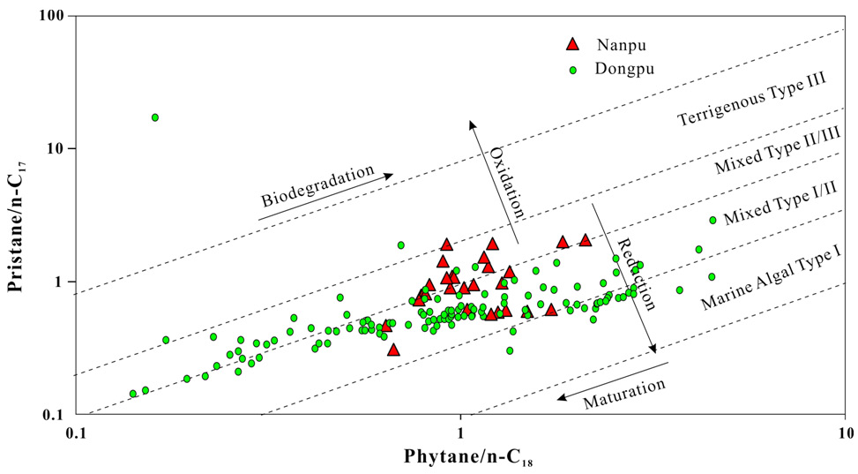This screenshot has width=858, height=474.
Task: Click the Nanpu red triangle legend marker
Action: pyautogui.click(x=573, y=43)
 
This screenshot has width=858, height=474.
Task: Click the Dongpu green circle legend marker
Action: pyautogui.click(x=573, y=67)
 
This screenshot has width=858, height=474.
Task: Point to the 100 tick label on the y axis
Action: pyautogui.click(x=49, y=16)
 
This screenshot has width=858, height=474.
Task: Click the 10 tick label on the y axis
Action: pyautogui.click(x=53, y=147)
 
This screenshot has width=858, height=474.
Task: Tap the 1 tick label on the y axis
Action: pyautogui.click(x=58, y=282)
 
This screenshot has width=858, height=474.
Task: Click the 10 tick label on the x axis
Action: pyautogui.click(x=844, y=434)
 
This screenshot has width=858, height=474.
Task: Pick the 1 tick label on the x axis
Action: pyautogui.click(x=460, y=434)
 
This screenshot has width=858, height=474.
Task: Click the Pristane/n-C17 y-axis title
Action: pyautogui.click(x=19, y=216)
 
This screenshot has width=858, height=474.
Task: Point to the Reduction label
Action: pyautogui.click(x=636, y=273)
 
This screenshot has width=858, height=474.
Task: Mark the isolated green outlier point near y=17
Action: pyautogui.click(x=155, y=117)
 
